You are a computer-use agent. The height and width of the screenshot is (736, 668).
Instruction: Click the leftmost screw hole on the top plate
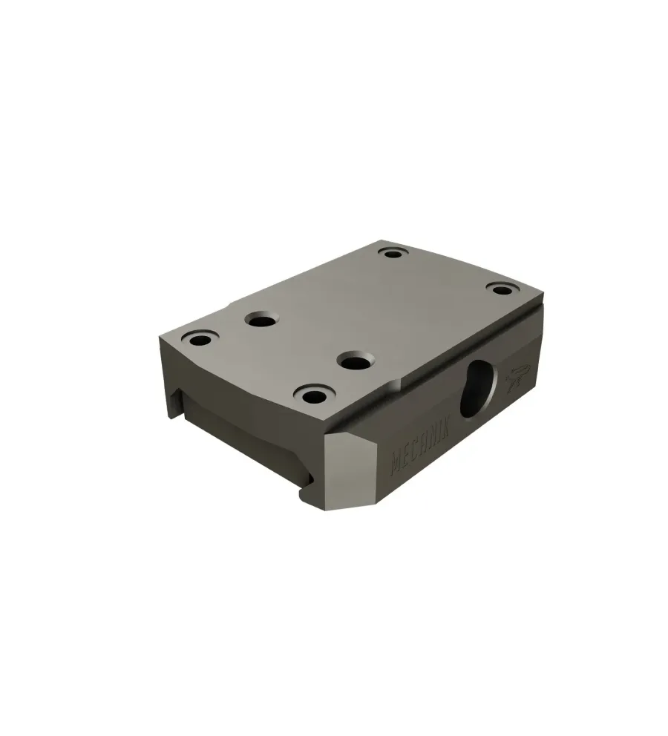point(201,339)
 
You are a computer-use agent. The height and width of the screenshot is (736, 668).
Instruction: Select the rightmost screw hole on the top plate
point(500,288)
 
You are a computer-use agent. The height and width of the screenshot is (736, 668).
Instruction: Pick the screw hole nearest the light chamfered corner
point(314,395)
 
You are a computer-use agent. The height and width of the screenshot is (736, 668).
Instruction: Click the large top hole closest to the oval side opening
point(356,361)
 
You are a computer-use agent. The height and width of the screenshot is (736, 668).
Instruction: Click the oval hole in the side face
point(478,389)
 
